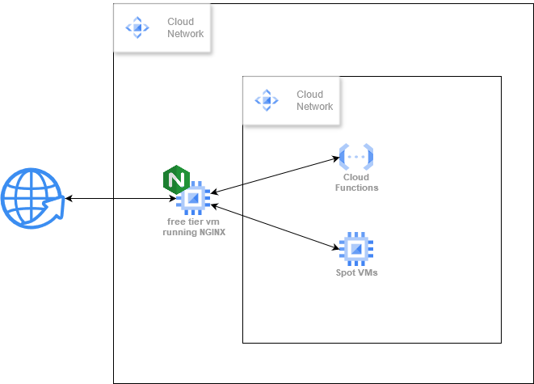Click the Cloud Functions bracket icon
point(356,156)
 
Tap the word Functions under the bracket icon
point(356,188)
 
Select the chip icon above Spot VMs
point(355,249)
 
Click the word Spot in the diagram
point(346,272)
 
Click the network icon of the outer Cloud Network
point(137,27)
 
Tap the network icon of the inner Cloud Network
point(266,100)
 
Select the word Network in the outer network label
point(185,34)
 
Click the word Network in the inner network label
point(314,106)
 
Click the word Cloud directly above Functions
point(356,177)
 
